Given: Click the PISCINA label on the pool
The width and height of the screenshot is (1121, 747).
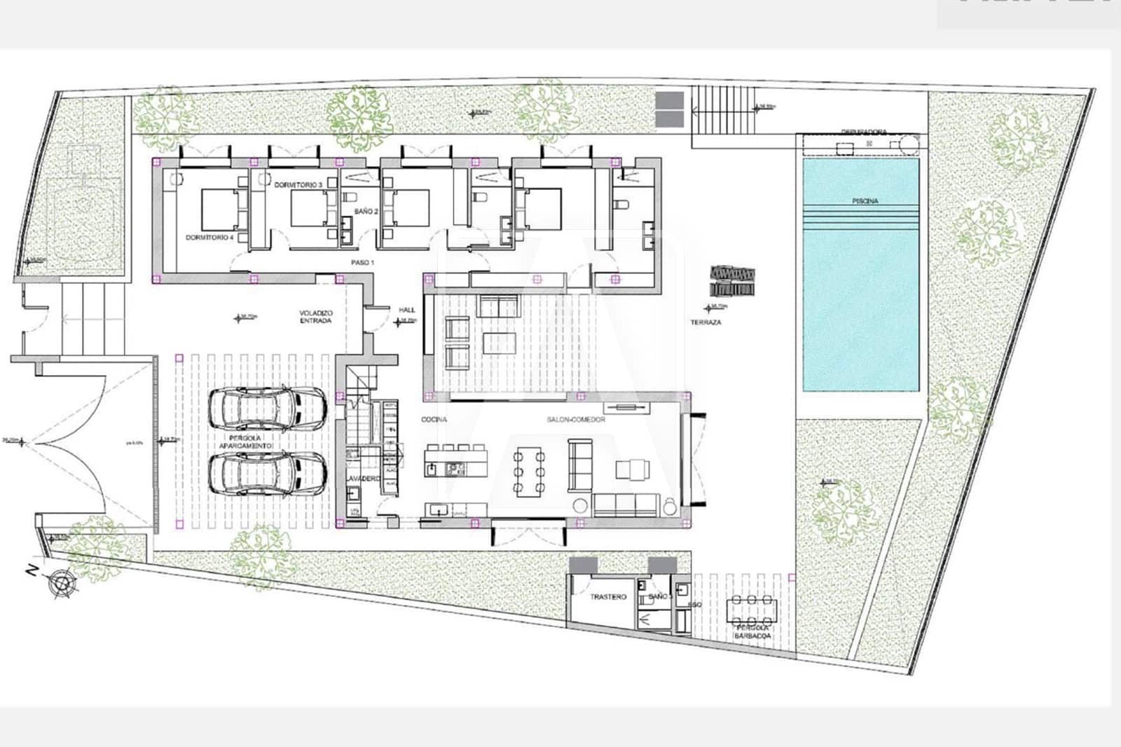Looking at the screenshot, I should (865, 201).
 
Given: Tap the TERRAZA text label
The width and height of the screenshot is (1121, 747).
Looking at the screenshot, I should (706, 322).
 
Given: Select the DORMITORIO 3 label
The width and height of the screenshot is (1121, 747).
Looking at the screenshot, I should (298, 184).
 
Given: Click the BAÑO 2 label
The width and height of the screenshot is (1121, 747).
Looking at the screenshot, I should (366, 211).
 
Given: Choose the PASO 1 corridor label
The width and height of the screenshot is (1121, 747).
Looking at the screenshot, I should (363, 262).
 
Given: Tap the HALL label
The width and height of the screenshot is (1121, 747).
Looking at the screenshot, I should (406, 310).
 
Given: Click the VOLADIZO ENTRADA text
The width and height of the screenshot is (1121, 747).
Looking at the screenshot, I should (316, 317).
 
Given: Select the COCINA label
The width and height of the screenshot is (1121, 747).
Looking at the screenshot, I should (434, 420).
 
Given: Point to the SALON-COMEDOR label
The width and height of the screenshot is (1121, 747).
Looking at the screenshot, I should (576, 419).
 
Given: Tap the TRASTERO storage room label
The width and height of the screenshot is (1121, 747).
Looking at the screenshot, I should (607, 597).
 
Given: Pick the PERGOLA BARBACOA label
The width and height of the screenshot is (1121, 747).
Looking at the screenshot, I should (752, 632).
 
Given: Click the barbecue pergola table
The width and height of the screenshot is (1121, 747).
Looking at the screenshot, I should (752, 611).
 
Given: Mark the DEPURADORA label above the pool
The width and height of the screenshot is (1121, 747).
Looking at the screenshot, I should (864, 132).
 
